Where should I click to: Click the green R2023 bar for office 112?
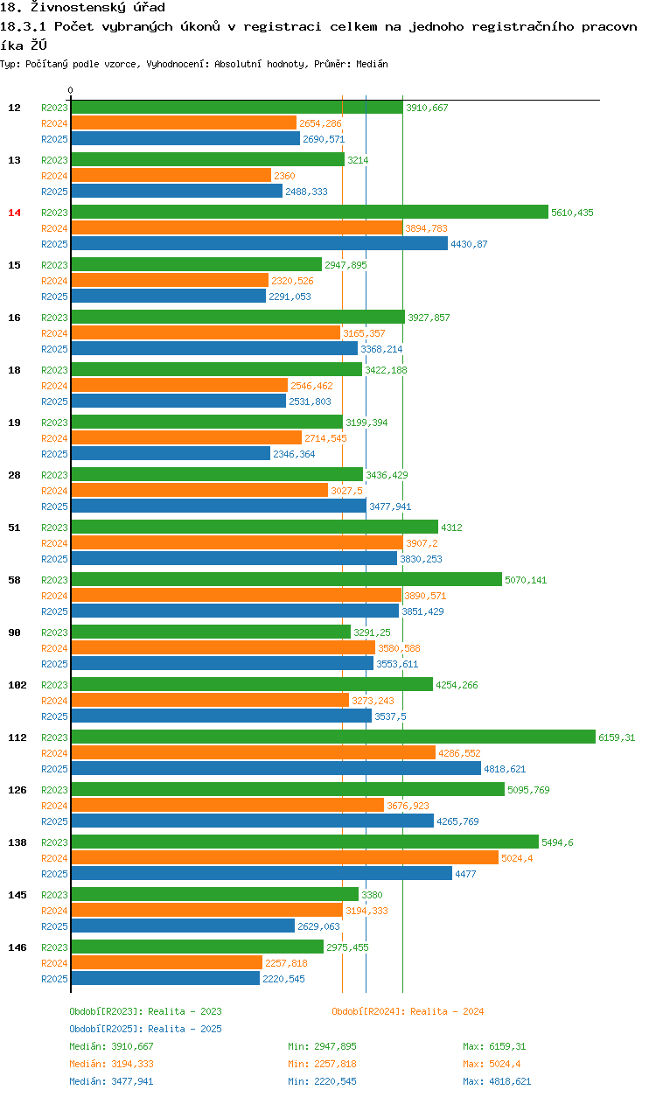(332, 737)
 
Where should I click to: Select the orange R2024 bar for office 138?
(284, 857)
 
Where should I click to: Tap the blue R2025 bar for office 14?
(259, 243)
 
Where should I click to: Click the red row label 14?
(14, 213)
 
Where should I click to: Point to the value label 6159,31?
(617, 737)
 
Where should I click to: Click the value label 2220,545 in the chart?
(283, 979)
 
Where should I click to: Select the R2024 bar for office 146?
(166, 962)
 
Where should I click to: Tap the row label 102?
(17, 685)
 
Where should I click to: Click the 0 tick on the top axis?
(71, 90)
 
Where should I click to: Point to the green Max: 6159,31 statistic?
(494, 1046)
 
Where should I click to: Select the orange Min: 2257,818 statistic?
(322, 1064)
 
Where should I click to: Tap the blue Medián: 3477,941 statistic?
(111, 1081)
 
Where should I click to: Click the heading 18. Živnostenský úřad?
(82, 8)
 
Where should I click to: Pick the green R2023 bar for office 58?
(286, 579)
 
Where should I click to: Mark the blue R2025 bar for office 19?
(171, 453)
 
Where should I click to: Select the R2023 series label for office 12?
(54, 108)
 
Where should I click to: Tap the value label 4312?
(451, 528)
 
